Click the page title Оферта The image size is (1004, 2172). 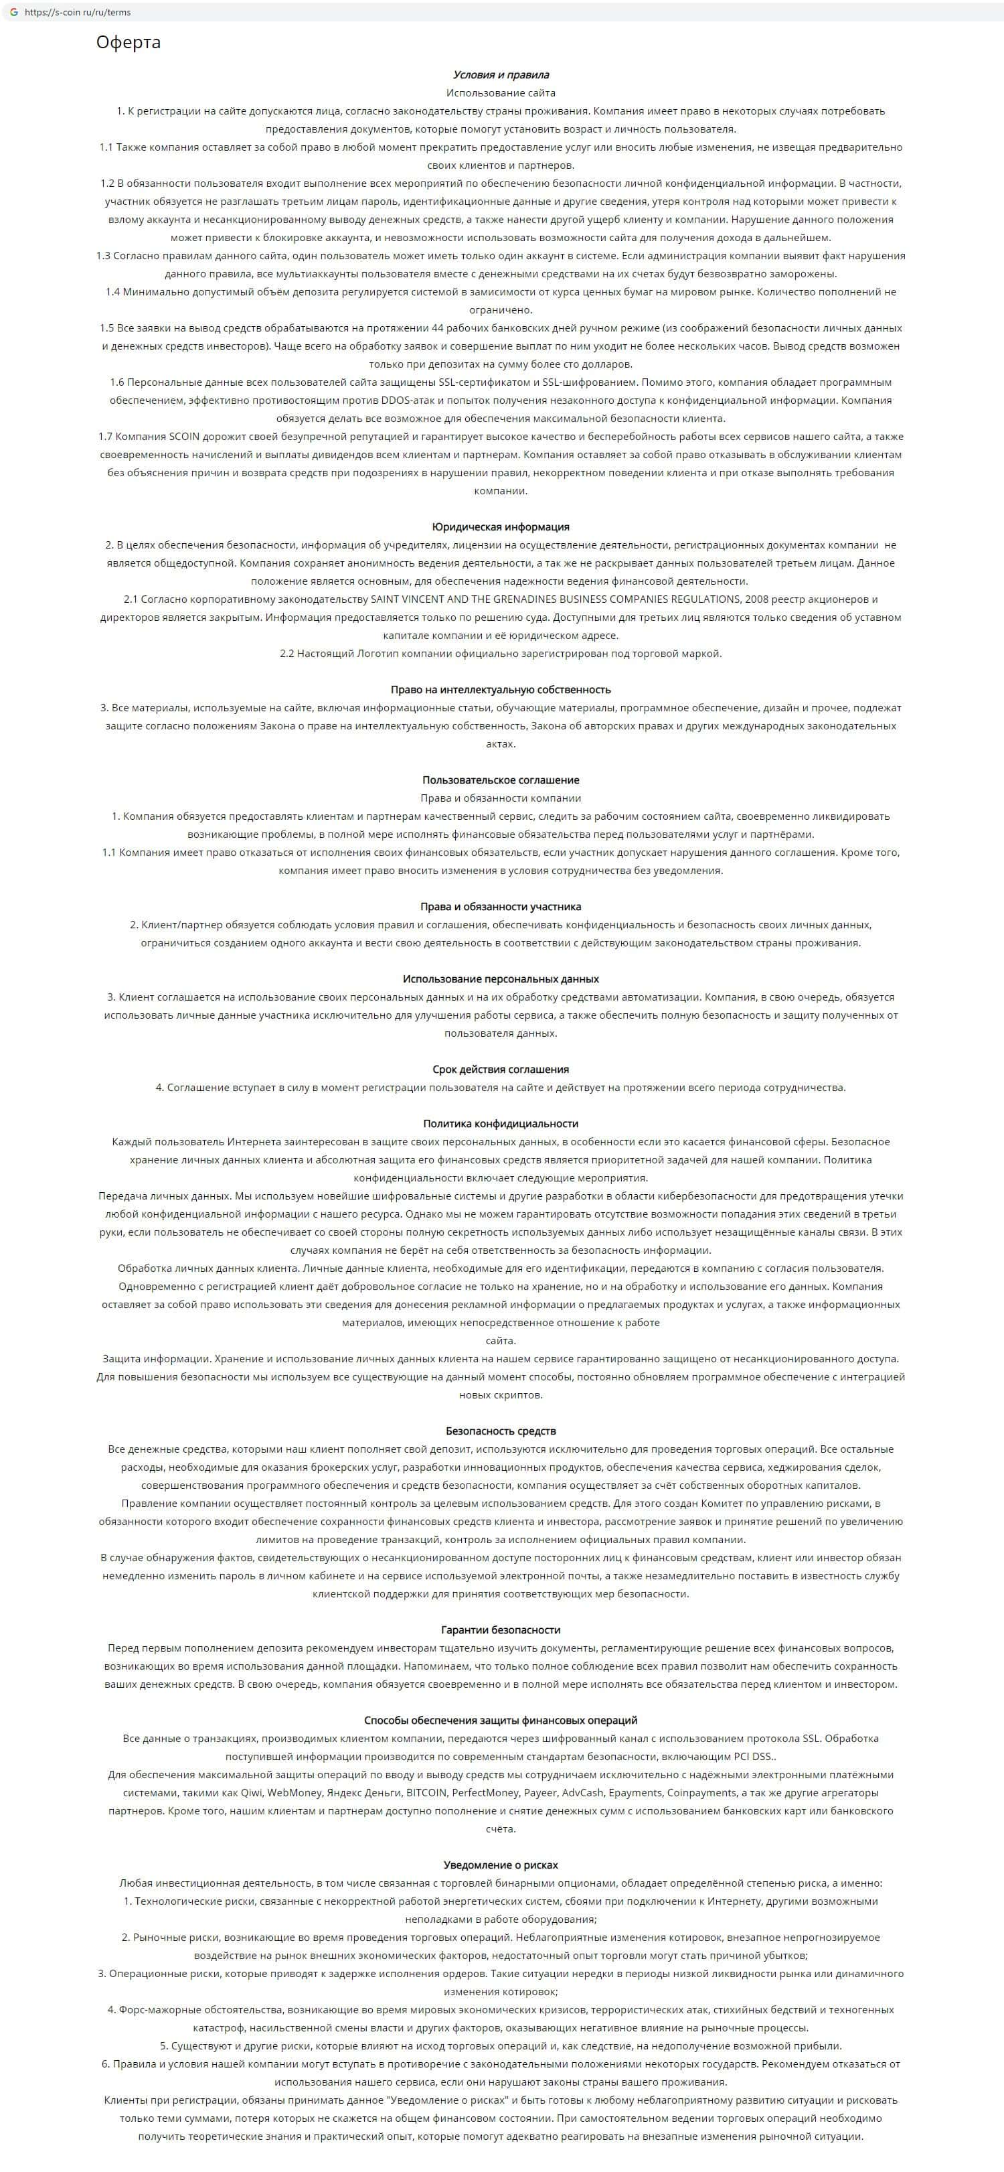(128, 42)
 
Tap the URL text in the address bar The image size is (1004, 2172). (78, 13)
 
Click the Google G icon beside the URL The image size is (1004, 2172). (13, 13)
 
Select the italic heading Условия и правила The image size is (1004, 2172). (501, 75)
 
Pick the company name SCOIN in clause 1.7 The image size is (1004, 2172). (184, 437)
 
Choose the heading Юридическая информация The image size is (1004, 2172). (501, 527)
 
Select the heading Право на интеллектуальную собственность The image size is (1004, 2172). (501, 690)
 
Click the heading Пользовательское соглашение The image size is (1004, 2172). (501, 780)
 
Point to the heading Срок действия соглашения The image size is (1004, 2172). (501, 1069)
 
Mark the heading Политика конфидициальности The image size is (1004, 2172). (501, 1124)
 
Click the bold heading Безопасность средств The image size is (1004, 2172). (501, 1431)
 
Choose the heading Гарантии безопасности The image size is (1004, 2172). (501, 1630)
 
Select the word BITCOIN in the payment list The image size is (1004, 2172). (426, 1792)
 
